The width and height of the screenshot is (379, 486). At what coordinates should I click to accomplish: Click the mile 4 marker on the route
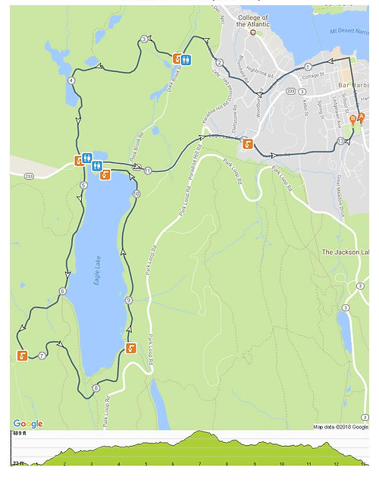click(71, 80)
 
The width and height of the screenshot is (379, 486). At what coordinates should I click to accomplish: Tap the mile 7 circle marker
click(42, 355)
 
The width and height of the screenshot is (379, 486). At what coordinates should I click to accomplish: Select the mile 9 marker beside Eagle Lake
click(129, 301)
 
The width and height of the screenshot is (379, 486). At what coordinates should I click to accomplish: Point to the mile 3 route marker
click(144, 39)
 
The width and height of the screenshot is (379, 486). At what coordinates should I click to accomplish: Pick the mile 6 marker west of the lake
click(62, 291)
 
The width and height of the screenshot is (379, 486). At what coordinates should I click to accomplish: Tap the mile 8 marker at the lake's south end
click(96, 388)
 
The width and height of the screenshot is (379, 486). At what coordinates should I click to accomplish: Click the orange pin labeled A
click(362, 118)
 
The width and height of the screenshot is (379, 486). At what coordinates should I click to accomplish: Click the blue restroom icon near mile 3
click(186, 58)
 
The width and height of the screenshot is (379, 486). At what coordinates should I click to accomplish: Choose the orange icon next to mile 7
click(22, 356)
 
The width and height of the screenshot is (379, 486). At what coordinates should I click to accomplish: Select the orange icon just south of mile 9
click(131, 348)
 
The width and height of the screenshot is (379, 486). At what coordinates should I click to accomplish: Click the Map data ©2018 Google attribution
click(341, 426)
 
